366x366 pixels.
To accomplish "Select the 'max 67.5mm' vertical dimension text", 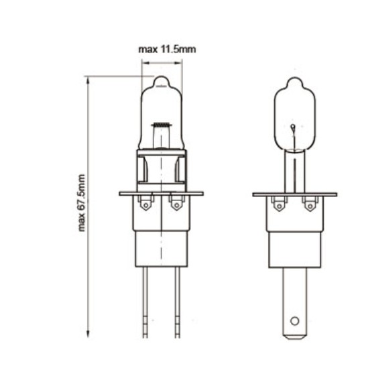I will pyautogui.click(x=82, y=202).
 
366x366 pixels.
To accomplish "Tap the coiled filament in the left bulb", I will pyautogui.click(x=161, y=125).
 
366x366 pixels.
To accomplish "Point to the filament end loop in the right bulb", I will pyautogui.click(x=292, y=126).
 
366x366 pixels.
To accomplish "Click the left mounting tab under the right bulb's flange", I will pyautogui.click(x=279, y=204).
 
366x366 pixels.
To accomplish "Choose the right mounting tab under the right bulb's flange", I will pyautogui.click(x=309, y=204).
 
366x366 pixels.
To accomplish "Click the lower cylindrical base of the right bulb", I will pyautogui.click(x=294, y=248).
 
